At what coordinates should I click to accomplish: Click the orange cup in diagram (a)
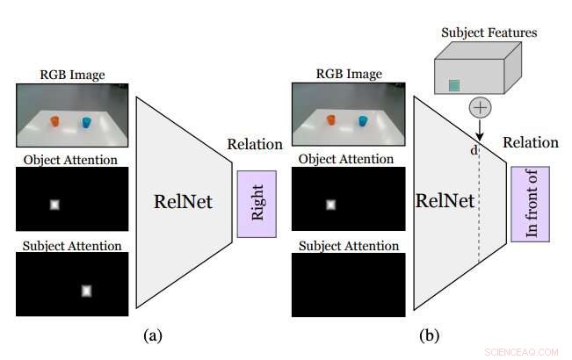(x=54, y=121)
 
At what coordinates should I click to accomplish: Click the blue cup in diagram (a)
(x=86, y=122)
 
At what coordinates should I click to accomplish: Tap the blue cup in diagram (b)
(x=363, y=119)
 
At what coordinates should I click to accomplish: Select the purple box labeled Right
(x=257, y=204)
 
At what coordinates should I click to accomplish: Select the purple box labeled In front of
(x=530, y=204)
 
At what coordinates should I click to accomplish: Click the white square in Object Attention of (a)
(x=54, y=205)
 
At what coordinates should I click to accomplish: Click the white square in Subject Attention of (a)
(x=86, y=291)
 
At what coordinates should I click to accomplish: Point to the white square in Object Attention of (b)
(x=330, y=205)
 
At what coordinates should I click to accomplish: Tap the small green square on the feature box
(x=454, y=85)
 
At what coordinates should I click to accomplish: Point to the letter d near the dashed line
(x=474, y=150)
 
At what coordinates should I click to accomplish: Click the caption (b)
(x=429, y=334)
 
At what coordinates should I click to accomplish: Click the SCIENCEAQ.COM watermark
(x=523, y=351)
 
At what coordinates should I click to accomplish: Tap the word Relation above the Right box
(x=255, y=145)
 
